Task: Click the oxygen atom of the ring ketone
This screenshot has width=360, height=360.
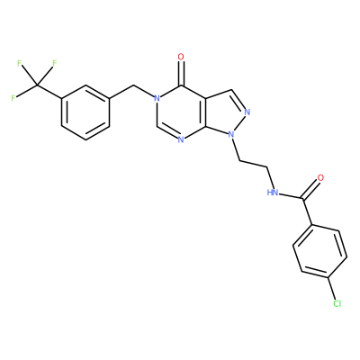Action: [181, 57]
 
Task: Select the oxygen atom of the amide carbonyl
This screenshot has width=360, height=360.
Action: [320, 177]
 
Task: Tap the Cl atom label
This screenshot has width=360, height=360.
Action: [337, 303]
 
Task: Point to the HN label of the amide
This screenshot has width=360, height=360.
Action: [273, 193]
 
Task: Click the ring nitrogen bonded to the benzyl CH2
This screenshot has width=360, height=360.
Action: [156, 98]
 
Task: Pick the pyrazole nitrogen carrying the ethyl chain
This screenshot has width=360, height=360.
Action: [230, 135]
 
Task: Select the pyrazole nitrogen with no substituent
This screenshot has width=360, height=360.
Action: [247, 112]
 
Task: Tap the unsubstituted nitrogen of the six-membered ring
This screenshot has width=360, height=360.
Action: [181, 139]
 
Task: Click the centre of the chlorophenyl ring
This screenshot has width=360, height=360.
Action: [320, 252]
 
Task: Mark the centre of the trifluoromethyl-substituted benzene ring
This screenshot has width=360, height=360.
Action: [85, 112]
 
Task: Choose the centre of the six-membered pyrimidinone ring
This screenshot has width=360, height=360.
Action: [181, 112]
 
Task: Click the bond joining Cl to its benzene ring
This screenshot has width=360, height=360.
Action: [332, 289]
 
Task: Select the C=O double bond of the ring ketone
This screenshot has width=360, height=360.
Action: [181, 73]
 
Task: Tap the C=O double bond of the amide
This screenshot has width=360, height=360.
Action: [311, 190]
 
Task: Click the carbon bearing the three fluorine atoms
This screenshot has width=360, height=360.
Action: [37, 85]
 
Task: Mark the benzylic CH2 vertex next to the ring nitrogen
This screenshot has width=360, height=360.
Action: [133, 85]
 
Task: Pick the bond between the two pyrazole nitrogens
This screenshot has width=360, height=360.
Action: [239, 123]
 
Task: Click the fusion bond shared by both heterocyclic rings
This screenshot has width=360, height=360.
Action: [205, 112]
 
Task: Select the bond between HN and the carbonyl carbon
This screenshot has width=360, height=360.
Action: [291, 195]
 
